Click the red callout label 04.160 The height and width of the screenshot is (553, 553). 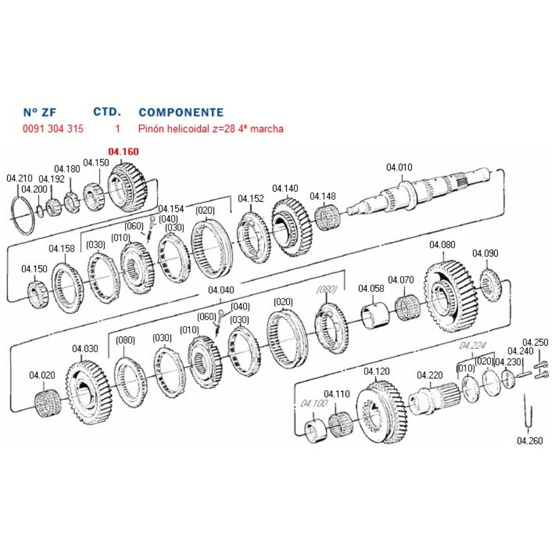[x=123, y=152]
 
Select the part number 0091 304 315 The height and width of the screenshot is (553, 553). [x=53, y=129]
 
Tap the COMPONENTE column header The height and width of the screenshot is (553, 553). [x=181, y=112]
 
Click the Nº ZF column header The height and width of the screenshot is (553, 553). [x=40, y=113]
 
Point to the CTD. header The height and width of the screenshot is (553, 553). [x=107, y=112]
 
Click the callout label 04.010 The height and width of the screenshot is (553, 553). [x=399, y=167]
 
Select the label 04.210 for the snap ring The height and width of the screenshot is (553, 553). [x=19, y=178]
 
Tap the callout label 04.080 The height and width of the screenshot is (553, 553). [x=442, y=245]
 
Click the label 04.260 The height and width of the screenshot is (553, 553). [x=529, y=440]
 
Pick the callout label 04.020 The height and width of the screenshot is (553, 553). [x=42, y=375]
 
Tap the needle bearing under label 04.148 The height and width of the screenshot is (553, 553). [x=327, y=217]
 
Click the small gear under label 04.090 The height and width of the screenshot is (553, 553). [x=492, y=285]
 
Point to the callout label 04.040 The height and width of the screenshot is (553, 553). [x=221, y=290]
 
